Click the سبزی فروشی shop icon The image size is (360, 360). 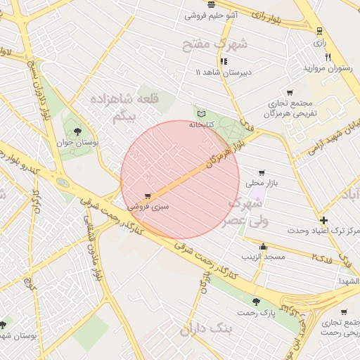pyautogui.click(x=147, y=196)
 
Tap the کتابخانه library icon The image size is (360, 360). pyautogui.click(x=202, y=113)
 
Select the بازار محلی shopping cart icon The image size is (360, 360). pyautogui.click(x=262, y=172)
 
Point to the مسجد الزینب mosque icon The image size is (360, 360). pyautogui.click(x=263, y=246)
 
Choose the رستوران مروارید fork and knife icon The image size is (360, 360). pyautogui.click(x=328, y=56)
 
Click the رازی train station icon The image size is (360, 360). pyautogui.click(x=320, y=30)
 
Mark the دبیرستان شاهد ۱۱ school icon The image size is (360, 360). pyautogui.click(x=224, y=61)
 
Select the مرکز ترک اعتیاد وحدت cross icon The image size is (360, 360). pyautogui.click(x=323, y=219)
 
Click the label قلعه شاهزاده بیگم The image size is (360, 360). pyautogui.click(x=131, y=108)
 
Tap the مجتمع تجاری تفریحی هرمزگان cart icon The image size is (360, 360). pyautogui.click(x=288, y=93)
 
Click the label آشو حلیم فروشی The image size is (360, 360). pyautogui.click(x=211, y=15)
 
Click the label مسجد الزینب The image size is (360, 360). pyautogui.click(x=264, y=257)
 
